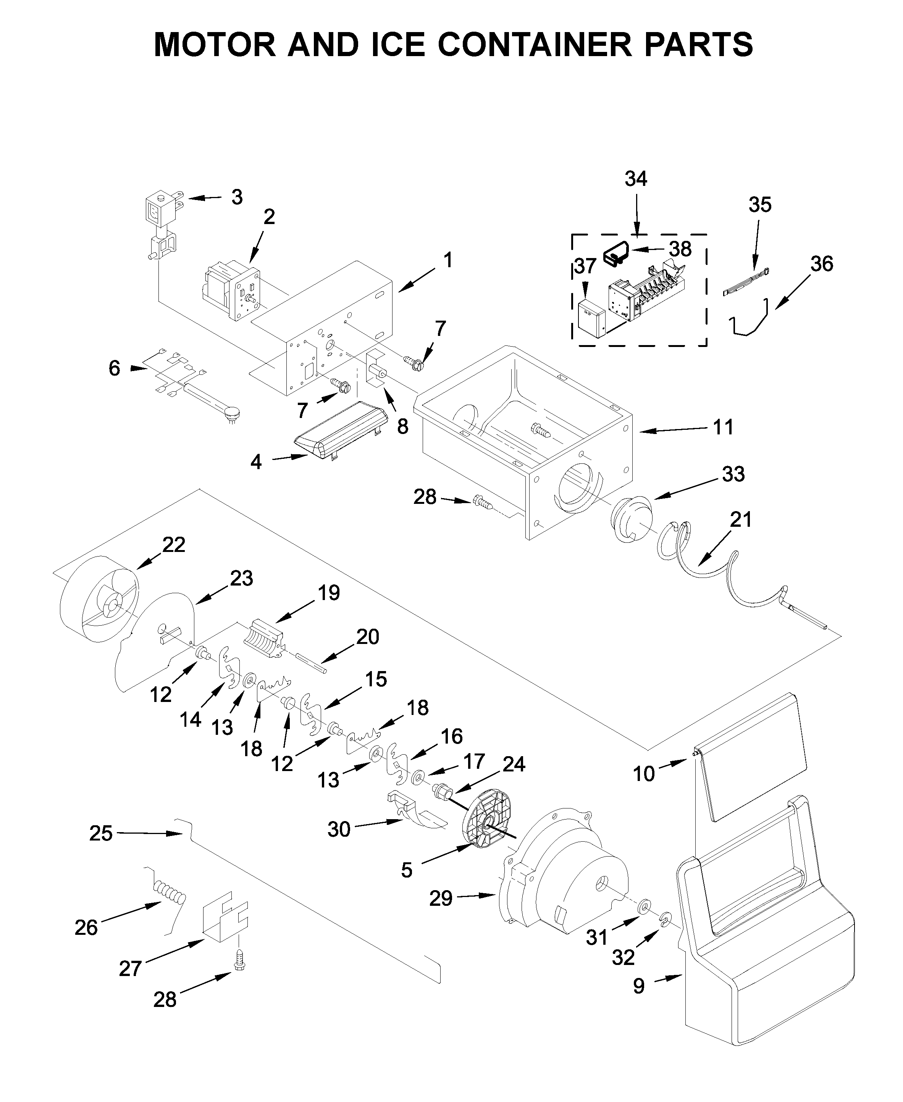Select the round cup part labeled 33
pos(632,520)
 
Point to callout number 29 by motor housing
pos(441,898)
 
